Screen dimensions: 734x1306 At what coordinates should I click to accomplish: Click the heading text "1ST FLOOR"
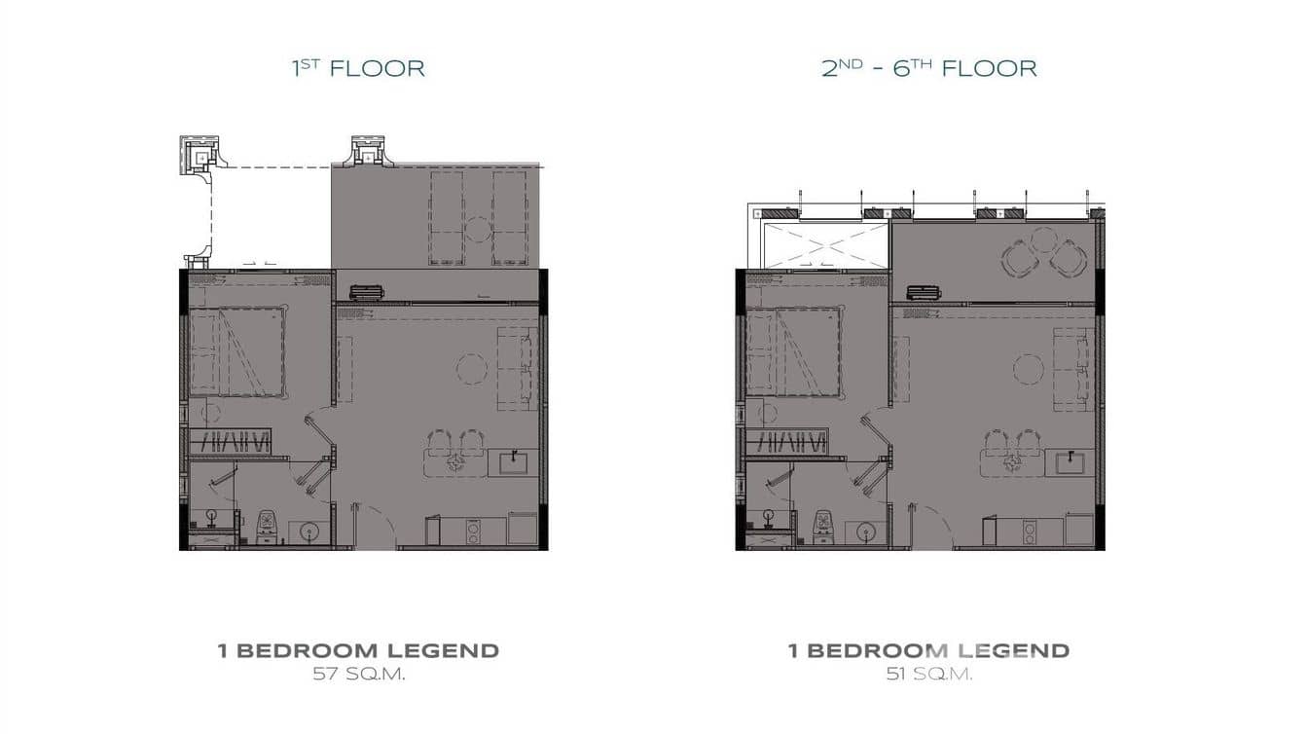coord(359,68)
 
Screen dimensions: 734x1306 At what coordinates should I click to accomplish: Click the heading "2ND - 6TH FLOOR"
coord(928,68)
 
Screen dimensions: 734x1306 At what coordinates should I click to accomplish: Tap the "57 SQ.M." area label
coord(358,674)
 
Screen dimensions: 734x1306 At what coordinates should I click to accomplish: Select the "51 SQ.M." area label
coord(928,674)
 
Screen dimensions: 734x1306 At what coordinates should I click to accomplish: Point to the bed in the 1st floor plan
coord(237,352)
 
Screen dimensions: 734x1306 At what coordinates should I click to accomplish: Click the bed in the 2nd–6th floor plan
coord(794,352)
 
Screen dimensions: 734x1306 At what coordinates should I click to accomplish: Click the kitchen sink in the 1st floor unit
coord(514,461)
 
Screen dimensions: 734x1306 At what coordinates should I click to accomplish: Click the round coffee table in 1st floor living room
coord(472,368)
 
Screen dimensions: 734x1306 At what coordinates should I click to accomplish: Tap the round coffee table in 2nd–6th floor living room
coord(1029,368)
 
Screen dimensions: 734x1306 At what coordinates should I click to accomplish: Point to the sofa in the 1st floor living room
coord(517,368)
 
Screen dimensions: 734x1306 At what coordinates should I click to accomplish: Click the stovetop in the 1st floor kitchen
coord(473,532)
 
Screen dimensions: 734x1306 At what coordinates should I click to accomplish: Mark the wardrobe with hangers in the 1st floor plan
coord(234,441)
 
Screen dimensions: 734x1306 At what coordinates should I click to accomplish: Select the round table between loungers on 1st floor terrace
coord(477,231)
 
